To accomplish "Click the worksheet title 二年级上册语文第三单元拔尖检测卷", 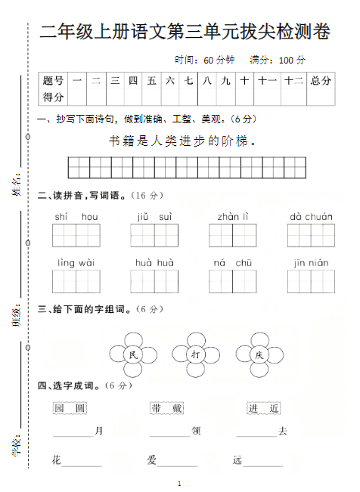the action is (x=185, y=32).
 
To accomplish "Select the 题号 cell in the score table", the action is (x=54, y=81).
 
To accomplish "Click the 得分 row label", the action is (x=54, y=97).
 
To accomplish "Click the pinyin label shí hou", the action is (x=76, y=218).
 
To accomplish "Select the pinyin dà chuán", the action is (x=310, y=218).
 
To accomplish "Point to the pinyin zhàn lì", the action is (x=233, y=218).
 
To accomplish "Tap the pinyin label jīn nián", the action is (x=310, y=263).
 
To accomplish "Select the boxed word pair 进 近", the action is (x=263, y=408).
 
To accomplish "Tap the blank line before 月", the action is (x=73, y=434).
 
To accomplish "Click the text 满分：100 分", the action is (x=278, y=60).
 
